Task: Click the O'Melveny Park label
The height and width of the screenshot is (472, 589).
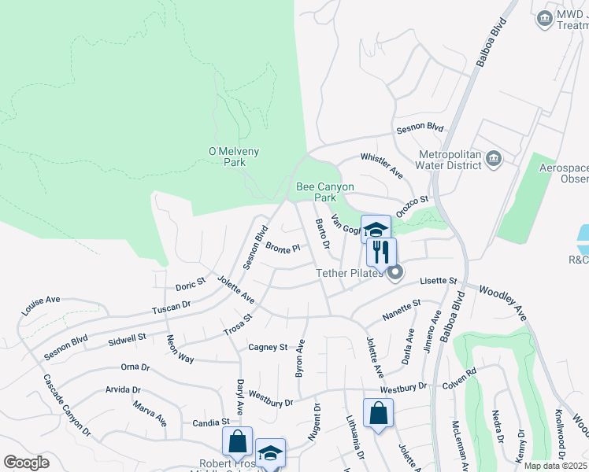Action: coord(234,157)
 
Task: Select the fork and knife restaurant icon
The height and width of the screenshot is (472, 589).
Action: coord(381,253)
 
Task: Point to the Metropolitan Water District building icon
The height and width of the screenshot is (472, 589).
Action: coord(494,160)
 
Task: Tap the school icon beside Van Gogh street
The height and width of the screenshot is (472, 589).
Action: coord(376,230)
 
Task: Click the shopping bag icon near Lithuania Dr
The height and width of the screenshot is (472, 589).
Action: coord(378,414)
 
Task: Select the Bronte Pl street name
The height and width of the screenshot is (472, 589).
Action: coord(283,249)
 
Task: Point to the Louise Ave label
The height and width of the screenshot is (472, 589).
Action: coord(41,305)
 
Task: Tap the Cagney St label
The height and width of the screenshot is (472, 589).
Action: coord(268,347)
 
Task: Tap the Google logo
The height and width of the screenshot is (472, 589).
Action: coord(26,462)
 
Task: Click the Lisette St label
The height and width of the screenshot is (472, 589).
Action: coord(439,281)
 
